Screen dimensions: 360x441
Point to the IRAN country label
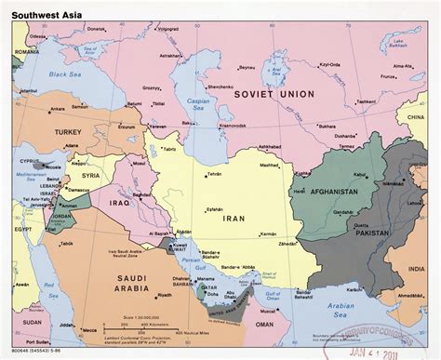(234, 219)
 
